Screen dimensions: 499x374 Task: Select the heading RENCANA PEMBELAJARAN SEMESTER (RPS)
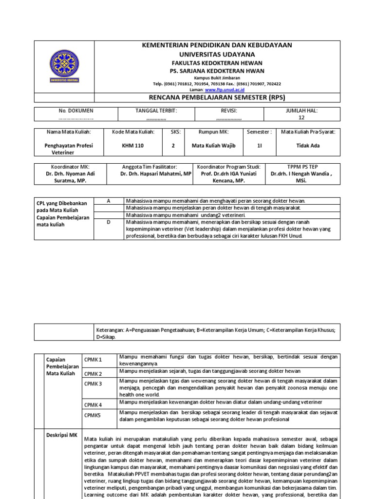tap(217, 98)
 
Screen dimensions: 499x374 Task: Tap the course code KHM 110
tap(133, 145)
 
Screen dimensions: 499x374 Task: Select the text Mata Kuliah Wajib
tap(213, 145)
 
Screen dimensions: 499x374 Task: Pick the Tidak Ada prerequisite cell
tap(309, 145)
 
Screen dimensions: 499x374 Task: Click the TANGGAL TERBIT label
tap(156, 111)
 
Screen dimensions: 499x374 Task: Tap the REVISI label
tap(228, 111)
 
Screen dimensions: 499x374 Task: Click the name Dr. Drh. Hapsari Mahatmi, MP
tap(156, 173)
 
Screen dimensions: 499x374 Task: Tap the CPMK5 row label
tap(92, 415)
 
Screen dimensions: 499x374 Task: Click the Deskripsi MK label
tap(61, 435)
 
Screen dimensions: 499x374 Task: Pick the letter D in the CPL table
tap(108, 222)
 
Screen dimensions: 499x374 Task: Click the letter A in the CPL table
tap(108, 201)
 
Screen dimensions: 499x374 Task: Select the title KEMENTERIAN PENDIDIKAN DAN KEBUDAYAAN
tap(217, 45)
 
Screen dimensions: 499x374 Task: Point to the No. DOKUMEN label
tap(76, 111)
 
